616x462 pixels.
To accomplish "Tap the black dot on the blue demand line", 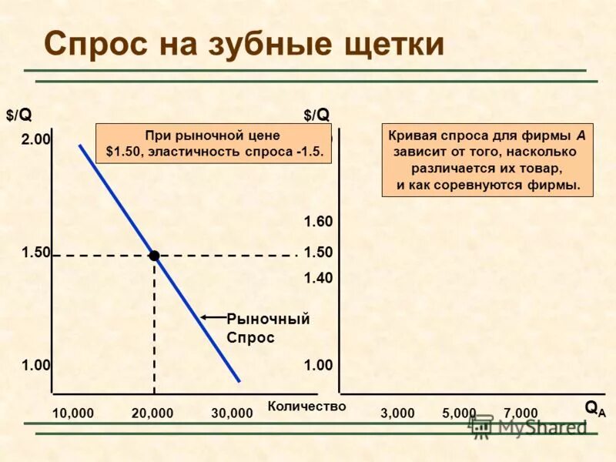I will coord(154,255).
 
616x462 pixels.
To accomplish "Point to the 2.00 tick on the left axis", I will coord(35,139).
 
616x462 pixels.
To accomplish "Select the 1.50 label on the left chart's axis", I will coord(35,252).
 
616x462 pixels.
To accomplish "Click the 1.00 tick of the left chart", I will coord(35,366).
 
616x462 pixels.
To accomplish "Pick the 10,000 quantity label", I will coord(73,413).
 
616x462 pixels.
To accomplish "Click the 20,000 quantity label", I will coord(152,413).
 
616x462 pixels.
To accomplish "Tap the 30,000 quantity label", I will coord(232,413).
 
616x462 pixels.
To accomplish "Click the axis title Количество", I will coord(307,406).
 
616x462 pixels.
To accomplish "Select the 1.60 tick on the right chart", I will coord(318,222).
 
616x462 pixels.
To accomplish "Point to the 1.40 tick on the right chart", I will coord(318,278).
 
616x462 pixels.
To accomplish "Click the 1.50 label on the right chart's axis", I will coord(318,252).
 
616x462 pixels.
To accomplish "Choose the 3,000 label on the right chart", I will coord(397,413).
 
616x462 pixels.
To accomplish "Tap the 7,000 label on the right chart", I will coord(521,413).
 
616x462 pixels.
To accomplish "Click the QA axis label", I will coord(594,408).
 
